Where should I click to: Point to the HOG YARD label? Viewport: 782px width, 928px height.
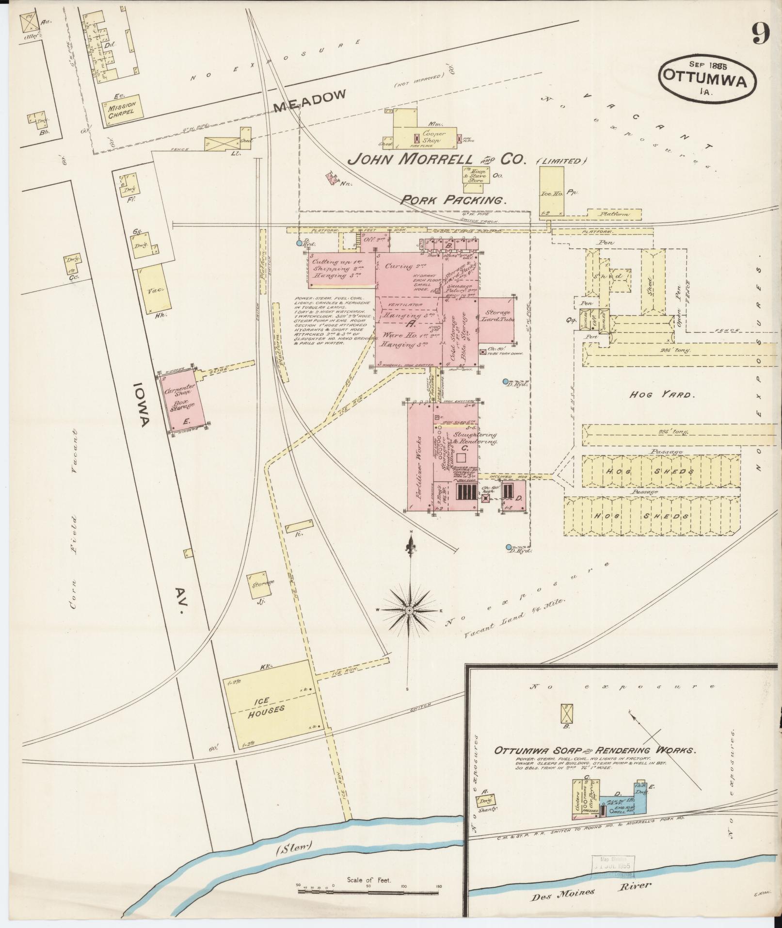point(662,394)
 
